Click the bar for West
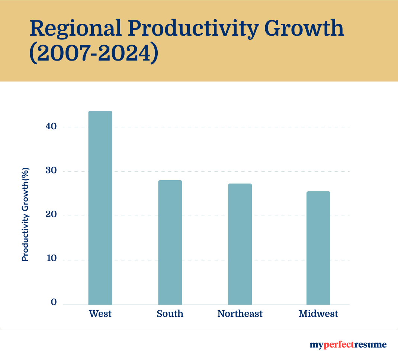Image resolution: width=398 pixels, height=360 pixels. pos(100,208)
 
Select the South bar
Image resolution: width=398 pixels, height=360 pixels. pos(170,242)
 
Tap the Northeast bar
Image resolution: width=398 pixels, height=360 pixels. pos(240,244)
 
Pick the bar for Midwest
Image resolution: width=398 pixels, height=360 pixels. pos(318,248)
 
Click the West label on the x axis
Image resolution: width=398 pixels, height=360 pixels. pos(100,314)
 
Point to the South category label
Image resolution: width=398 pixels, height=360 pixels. pos(170,314)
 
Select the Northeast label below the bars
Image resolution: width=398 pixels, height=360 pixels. pos(240,314)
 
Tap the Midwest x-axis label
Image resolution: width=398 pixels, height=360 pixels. pos(318,314)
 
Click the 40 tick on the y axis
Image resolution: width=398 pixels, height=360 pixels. pos(52,127)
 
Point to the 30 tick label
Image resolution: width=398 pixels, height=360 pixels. pos(52,171)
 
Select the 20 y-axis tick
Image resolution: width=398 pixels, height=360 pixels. pos(52,215)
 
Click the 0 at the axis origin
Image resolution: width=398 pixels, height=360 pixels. pos(54,302)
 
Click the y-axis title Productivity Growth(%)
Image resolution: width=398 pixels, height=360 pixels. pos(25,214)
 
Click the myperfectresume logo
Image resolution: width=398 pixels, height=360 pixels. pos(348,345)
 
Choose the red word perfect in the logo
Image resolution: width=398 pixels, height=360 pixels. pos(337,345)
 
